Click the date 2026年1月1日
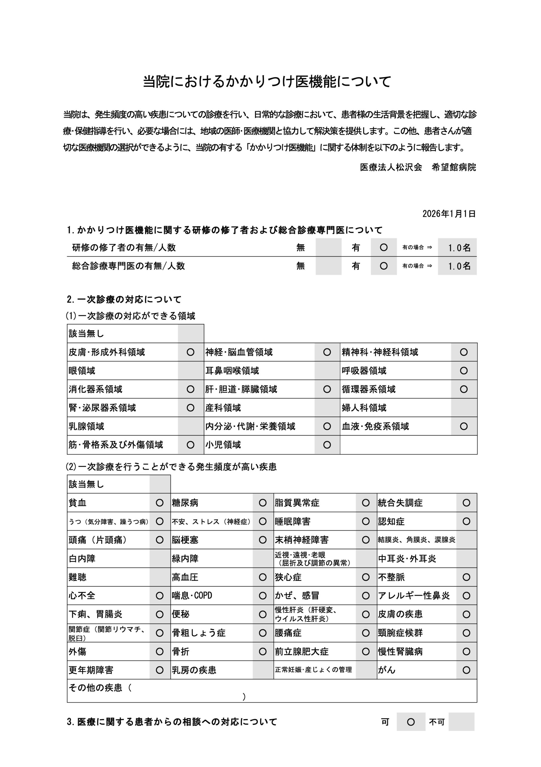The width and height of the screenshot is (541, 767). pyautogui.click(x=449, y=214)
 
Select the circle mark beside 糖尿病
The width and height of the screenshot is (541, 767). pyautogui.click(x=263, y=503)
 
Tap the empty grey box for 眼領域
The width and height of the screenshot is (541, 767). pyautogui.click(x=191, y=371)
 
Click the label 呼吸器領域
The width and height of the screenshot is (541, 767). pyautogui.click(x=364, y=371)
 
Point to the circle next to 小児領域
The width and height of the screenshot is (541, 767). pyautogui.click(x=327, y=445)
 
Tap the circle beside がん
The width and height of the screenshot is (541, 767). pyautogui.click(x=466, y=670)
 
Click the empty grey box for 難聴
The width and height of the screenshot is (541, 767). pyautogui.click(x=160, y=577)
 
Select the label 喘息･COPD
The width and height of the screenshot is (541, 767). pyautogui.click(x=192, y=596)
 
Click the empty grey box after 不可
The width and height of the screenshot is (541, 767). pyautogui.click(x=461, y=722)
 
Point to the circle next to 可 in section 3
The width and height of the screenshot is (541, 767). pyautogui.click(x=411, y=722)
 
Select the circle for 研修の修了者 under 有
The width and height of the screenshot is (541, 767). pyautogui.click(x=384, y=247)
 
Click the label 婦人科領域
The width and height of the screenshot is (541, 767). pyautogui.click(x=364, y=408)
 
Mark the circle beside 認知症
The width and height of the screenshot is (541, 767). pyautogui.click(x=466, y=521)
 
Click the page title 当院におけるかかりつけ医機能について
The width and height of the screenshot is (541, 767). pyautogui.click(x=267, y=82)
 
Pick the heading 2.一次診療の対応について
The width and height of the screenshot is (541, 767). pyautogui.click(x=124, y=299)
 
